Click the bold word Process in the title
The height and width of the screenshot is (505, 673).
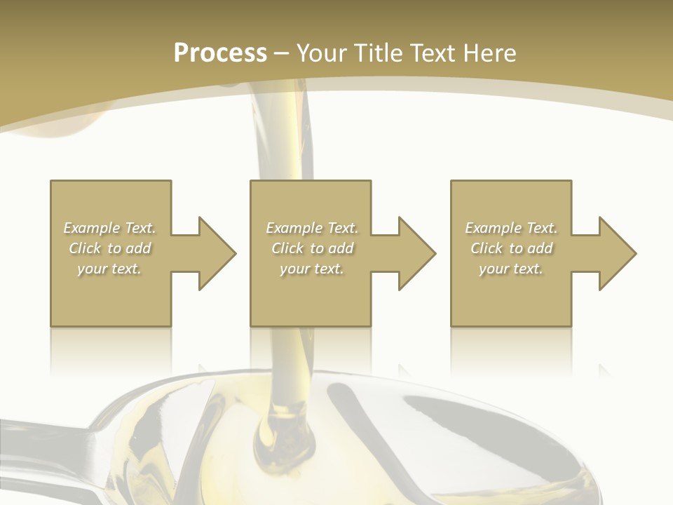pos(220,53)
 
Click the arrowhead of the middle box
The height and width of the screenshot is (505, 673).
pos(416,253)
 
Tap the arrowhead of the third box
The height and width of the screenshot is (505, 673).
pos(617,253)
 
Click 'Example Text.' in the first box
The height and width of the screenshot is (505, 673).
pos(110,228)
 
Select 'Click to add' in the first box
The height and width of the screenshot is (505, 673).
pos(110,248)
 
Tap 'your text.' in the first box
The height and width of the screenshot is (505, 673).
pos(110,269)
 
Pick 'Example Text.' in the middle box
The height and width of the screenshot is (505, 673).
pos(312,228)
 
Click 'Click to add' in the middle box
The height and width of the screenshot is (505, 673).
pos(312,248)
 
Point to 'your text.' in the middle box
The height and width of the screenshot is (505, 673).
pos(312,269)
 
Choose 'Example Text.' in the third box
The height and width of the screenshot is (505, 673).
pos(511,228)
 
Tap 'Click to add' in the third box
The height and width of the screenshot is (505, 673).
pos(511,248)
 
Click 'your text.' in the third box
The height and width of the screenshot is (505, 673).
pos(511,269)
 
